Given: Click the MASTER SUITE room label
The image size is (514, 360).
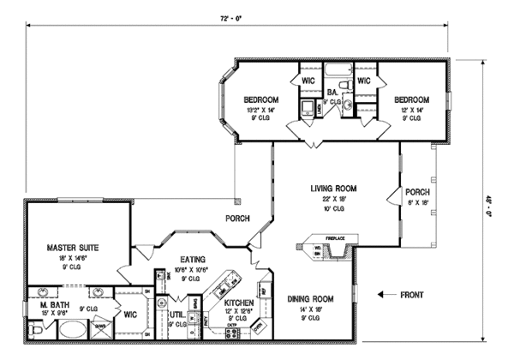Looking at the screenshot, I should pyautogui.click(x=73, y=247).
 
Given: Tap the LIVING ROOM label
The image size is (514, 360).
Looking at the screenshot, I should pyautogui.click(x=334, y=188).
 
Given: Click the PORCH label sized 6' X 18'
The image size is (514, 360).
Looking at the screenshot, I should pyautogui.click(x=417, y=191).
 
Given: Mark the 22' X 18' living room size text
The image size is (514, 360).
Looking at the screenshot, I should pyautogui.click(x=333, y=199).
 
